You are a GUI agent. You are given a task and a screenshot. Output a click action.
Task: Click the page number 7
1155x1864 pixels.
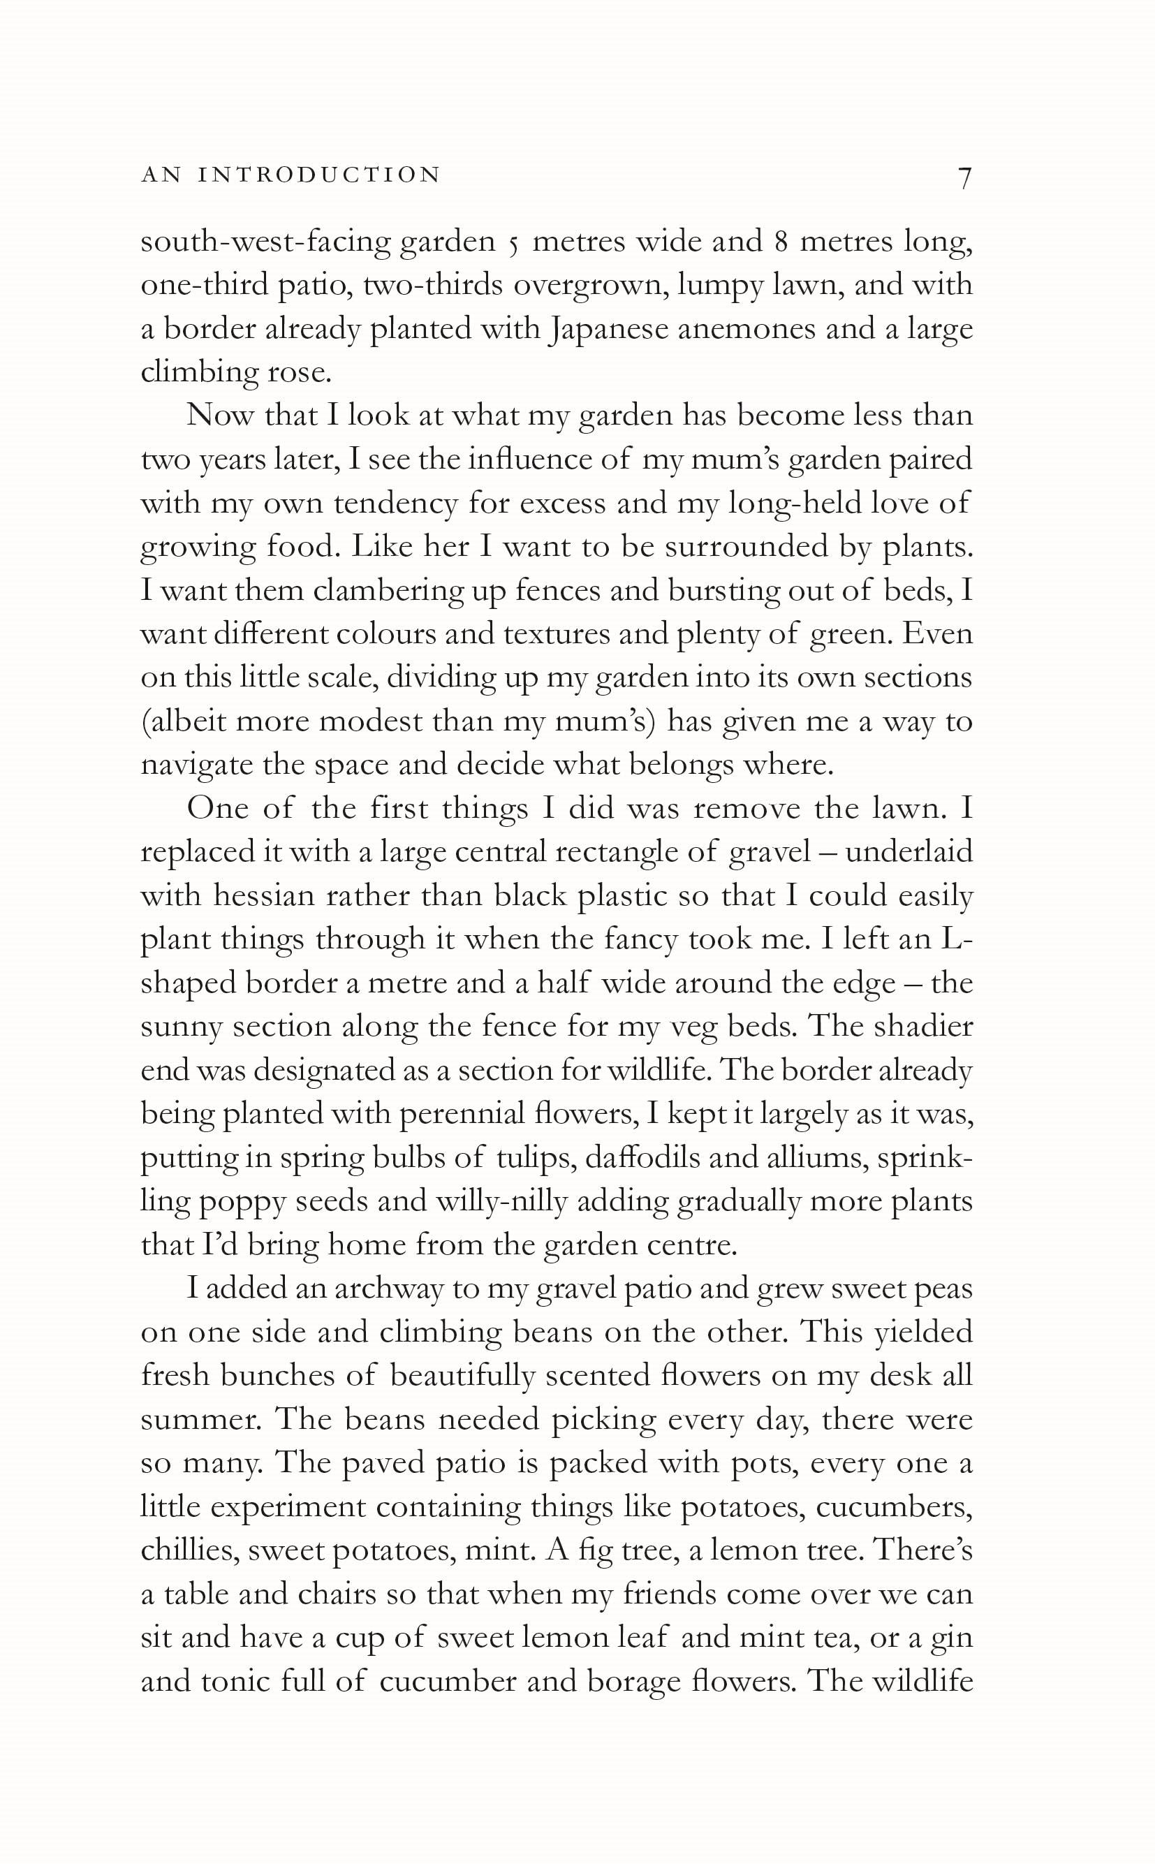964,178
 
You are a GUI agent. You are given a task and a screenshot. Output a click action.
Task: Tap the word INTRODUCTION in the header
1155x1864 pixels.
319,175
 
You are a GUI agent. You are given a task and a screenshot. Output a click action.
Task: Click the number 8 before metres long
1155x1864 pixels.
781,242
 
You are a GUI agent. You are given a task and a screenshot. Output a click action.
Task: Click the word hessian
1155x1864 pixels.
263,896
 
